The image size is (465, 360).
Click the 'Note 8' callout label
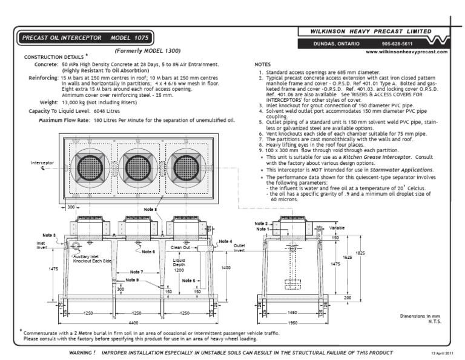[151, 210]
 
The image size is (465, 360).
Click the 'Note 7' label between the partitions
[136, 272]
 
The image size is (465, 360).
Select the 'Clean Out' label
[180, 247]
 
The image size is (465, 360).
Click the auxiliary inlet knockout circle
[76, 247]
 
